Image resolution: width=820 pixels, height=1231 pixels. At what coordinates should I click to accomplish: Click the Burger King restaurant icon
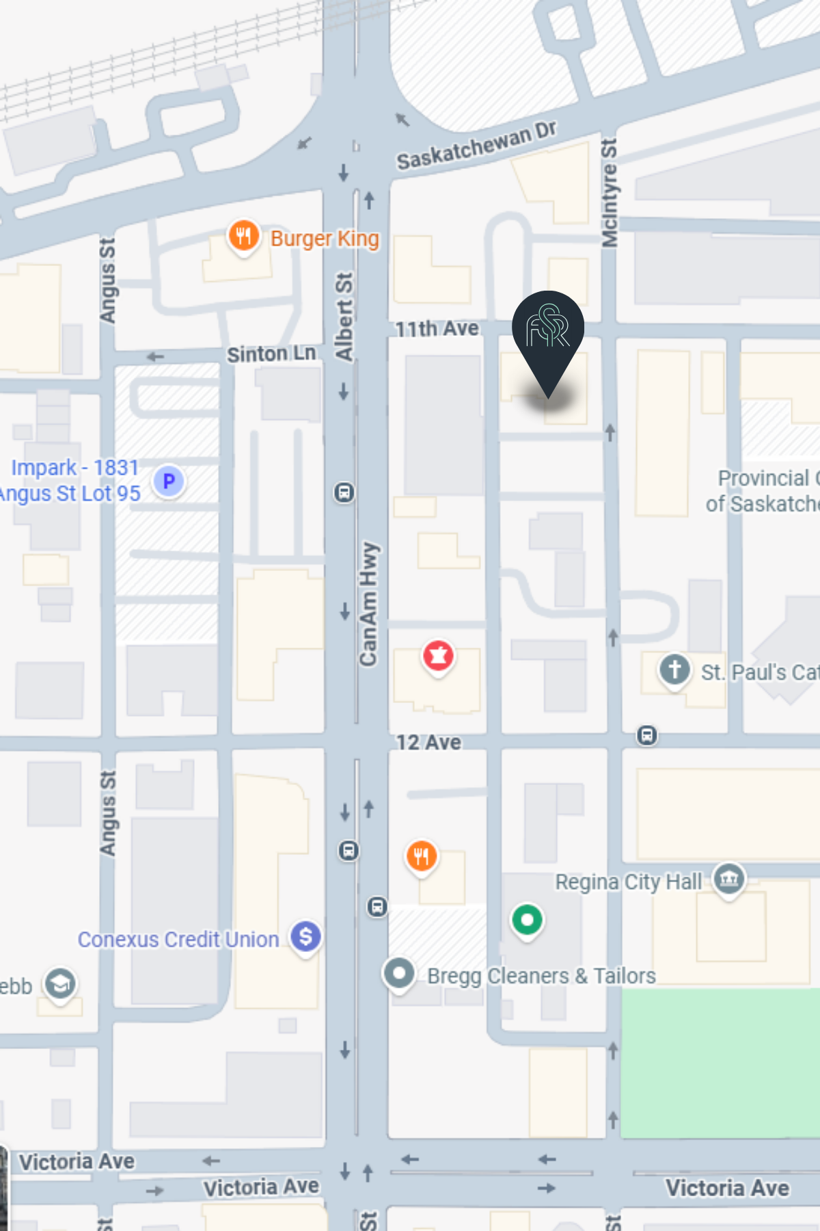243,237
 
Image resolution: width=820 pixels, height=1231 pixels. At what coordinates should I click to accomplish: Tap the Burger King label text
325,239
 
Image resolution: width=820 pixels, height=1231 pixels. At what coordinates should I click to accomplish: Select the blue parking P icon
169,481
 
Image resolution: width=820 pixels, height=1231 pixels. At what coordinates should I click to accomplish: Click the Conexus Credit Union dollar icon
305,936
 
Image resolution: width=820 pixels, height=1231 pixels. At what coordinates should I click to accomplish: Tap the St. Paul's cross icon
674,670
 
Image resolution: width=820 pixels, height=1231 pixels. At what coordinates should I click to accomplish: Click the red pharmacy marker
438,656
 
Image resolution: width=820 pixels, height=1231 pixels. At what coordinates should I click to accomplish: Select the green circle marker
527,920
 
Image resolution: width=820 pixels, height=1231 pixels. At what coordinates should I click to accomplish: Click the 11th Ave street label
437,329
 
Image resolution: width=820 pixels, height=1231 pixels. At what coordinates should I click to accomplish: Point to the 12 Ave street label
428,742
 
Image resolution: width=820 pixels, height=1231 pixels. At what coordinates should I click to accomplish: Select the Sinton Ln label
271,354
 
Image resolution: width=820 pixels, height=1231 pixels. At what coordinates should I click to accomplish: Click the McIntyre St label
609,193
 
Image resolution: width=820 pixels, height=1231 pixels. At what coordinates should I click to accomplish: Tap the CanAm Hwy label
368,603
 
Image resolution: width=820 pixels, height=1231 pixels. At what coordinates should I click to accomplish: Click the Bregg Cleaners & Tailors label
541,976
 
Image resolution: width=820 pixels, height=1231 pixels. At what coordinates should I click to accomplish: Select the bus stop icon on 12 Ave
646,736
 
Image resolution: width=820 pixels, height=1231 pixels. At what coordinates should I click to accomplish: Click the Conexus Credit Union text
178,940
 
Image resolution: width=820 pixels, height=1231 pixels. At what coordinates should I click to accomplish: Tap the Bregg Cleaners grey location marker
399,972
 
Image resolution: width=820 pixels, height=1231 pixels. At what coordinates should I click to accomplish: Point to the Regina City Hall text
628,882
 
